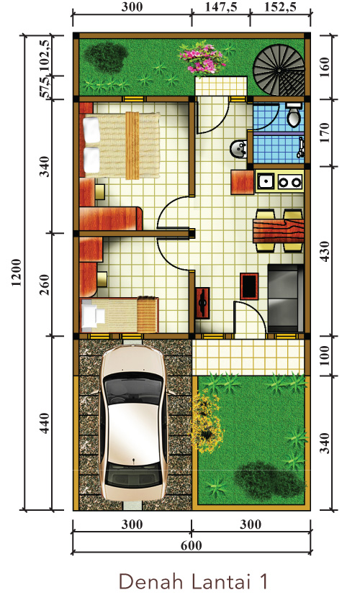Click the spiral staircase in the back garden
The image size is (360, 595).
pyautogui.click(x=279, y=71)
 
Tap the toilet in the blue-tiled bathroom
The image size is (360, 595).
pyautogui.click(x=294, y=114)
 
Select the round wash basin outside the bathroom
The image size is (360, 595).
pyautogui.click(x=238, y=148)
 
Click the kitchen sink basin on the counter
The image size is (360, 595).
pyautogui.click(x=266, y=181)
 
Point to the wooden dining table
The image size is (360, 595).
pyautogui.click(x=279, y=231)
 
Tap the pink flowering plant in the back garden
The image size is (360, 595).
pyautogui.click(x=202, y=59)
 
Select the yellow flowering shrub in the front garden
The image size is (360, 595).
pyautogui.click(x=205, y=421)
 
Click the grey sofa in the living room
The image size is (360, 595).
pyautogui.click(x=286, y=299)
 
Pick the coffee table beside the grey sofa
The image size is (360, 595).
pyautogui.click(x=249, y=286)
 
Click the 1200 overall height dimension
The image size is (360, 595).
pyautogui.click(x=16, y=273)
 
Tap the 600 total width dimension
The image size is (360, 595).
pyautogui.click(x=192, y=545)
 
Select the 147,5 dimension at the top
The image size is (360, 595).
pyautogui.click(x=220, y=7)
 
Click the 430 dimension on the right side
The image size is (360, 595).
pyautogui.click(x=325, y=251)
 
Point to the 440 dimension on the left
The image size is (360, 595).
pyautogui.click(x=44, y=423)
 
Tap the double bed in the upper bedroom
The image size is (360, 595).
pyautogui.click(x=122, y=145)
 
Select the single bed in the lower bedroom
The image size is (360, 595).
pyautogui.click(x=120, y=315)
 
